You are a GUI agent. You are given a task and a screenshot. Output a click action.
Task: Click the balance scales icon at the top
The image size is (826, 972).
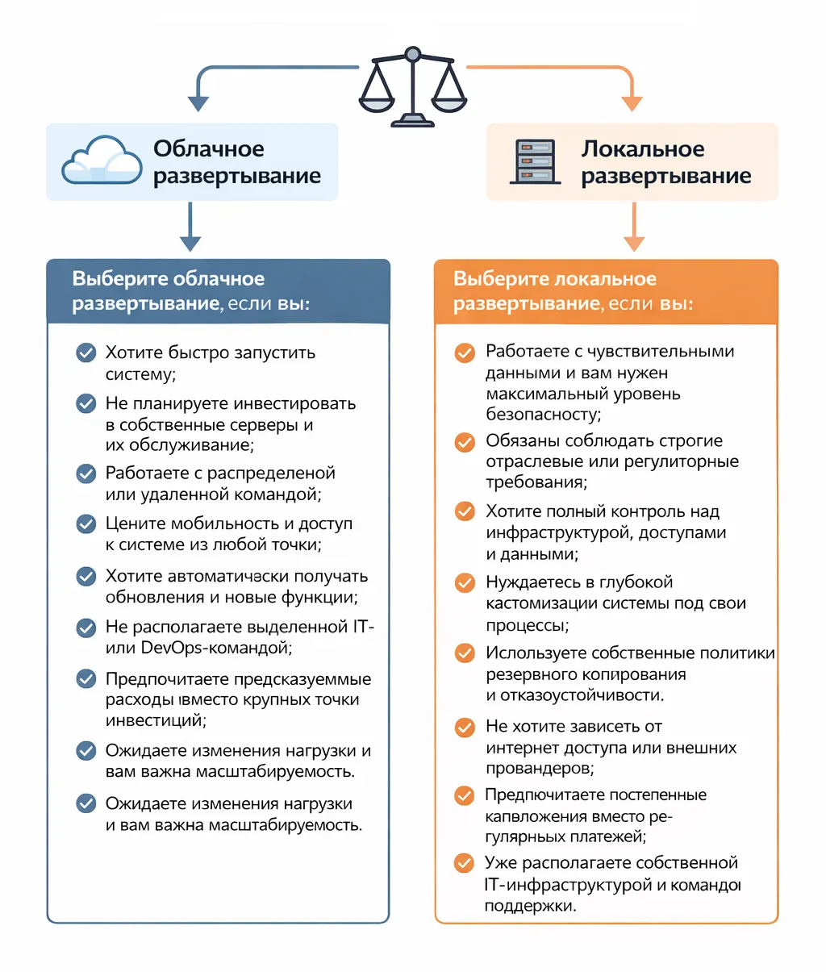(412, 86)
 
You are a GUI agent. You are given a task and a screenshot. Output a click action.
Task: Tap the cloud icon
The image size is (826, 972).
(102, 161)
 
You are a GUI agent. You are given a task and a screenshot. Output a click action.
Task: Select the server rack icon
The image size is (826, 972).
(535, 161)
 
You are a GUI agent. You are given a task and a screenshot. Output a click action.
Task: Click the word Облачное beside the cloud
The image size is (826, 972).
(209, 149)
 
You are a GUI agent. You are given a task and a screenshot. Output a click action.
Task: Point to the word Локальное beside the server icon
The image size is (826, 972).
(643, 149)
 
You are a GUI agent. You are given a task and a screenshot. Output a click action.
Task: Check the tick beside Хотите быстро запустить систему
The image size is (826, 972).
(86, 353)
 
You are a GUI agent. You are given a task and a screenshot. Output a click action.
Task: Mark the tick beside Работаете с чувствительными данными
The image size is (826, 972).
(465, 353)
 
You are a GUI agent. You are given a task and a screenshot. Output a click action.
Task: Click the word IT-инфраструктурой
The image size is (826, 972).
(568, 885)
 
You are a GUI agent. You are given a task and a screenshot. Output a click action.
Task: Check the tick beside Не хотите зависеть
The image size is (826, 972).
(465, 728)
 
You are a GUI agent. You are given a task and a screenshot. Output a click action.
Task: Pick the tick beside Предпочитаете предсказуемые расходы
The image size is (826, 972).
(86, 679)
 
